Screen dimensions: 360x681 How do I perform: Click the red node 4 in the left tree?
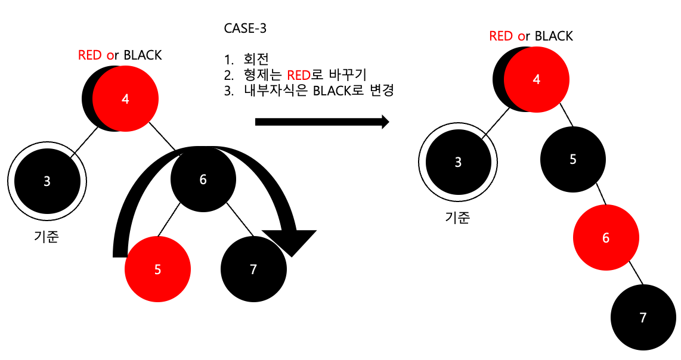click(125, 99)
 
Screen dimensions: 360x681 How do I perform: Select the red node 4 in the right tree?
click(537, 79)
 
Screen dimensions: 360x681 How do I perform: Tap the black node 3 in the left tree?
click(47, 181)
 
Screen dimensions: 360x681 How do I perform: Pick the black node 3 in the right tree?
click(458, 162)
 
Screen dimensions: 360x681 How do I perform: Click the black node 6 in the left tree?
click(203, 179)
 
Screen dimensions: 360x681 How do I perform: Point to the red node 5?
click(157, 269)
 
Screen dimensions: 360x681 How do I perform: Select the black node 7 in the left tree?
click(253, 269)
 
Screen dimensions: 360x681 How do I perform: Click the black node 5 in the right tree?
click(573, 160)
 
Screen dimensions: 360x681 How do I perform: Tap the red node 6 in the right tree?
click(606, 238)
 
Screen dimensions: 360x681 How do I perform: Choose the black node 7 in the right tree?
click(643, 318)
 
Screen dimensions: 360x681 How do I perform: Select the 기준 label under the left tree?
click(47, 237)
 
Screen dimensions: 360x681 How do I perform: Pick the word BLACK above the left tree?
click(143, 55)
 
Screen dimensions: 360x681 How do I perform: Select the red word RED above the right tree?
click(501, 36)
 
